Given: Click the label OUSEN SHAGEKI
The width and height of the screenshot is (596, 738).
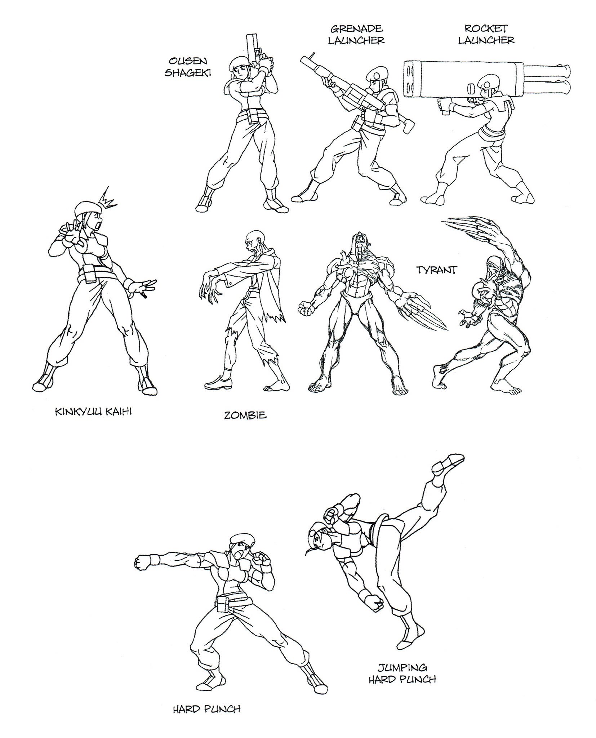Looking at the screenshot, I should point(187,66).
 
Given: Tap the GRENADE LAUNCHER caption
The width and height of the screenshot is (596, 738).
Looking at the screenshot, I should point(356,34).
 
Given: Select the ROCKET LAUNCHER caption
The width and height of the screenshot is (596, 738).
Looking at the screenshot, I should point(486,34).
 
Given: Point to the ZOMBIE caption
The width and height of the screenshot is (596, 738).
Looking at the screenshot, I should point(245,415).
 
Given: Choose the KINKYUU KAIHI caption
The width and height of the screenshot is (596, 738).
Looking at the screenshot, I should point(93,412).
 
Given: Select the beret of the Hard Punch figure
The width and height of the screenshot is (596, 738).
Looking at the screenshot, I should point(239,549).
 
